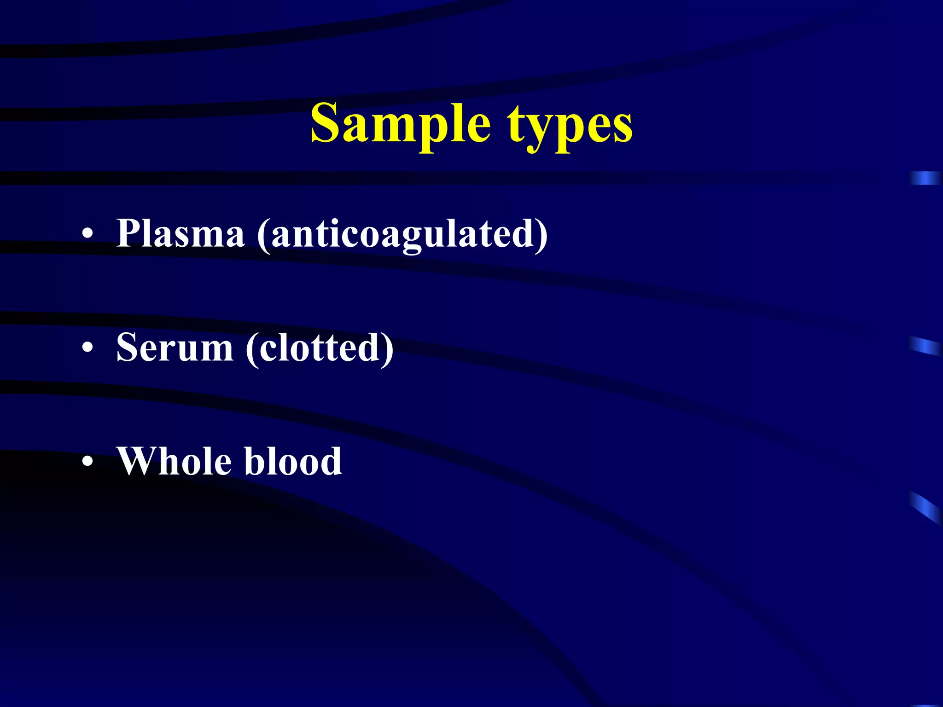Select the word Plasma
point(180,233)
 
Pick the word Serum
point(175,348)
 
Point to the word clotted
point(320,348)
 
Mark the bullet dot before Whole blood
point(87,462)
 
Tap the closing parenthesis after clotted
point(387,349)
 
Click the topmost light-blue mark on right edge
point(925,178)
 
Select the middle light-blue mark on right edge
point(925,345)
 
